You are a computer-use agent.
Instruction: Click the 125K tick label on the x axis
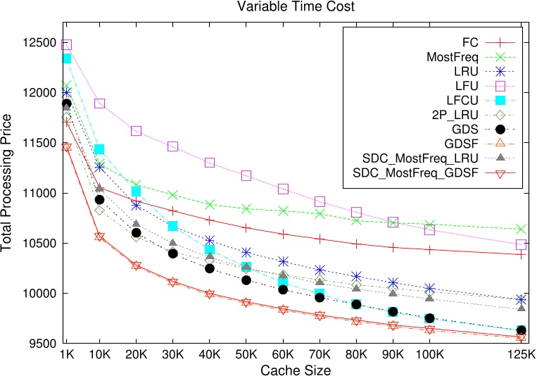click(x=522, y=354)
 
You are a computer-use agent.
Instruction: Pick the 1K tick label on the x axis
click(x=68, y=354)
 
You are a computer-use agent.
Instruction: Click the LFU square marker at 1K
click(x=67, y=44)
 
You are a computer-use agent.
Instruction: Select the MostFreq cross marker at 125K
click(x=522, y=229)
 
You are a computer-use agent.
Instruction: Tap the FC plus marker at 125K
click(x=522, y=254)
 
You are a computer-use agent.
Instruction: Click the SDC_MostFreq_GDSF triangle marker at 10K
click(x=99, y=237)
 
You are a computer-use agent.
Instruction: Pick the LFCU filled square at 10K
click(x=99, y=149)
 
